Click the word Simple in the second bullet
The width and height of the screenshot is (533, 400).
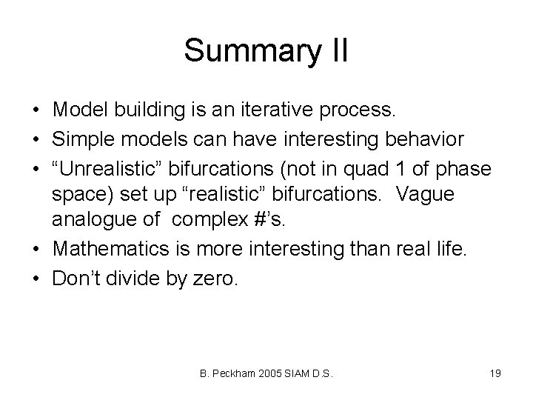click(83, 140)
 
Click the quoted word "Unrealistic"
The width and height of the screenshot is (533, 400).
click(105, 169)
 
